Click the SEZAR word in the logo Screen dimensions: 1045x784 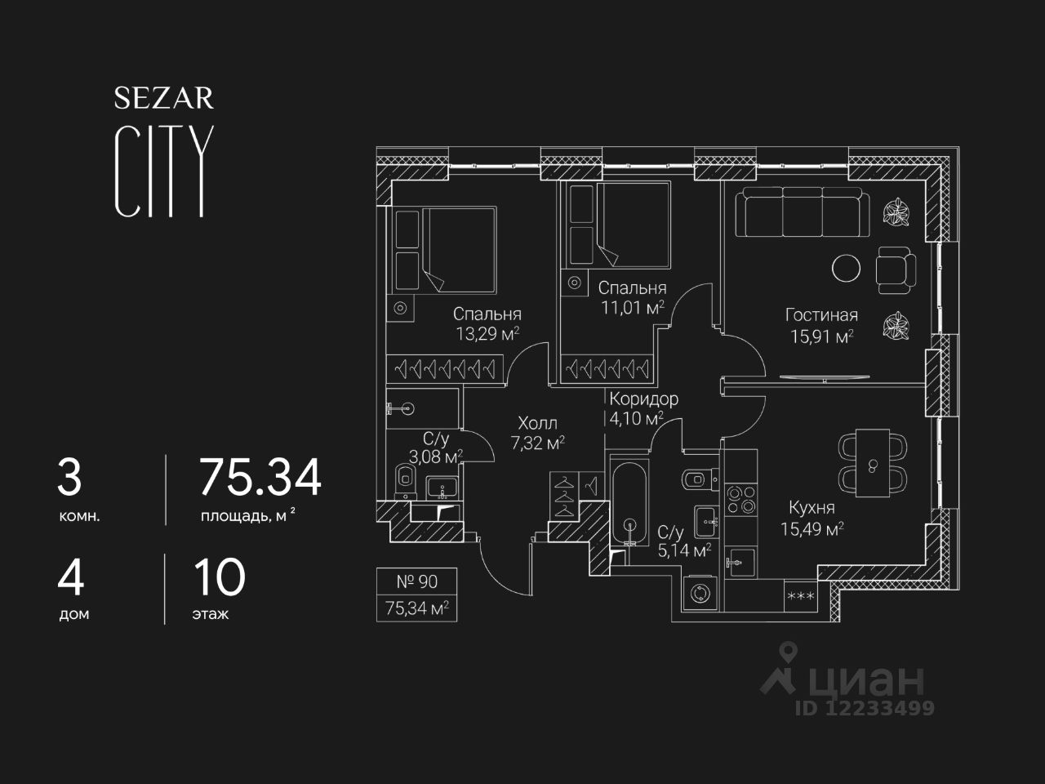point(163,99)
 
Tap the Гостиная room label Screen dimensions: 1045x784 point(820,315)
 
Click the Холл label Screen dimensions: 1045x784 point(537,423)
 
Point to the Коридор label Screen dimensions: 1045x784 point(643,399)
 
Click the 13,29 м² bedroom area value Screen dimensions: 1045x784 point(488,333)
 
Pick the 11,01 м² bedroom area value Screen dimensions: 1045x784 point(631,308)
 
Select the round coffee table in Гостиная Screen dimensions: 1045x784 point(846,267)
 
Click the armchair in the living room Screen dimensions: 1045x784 point(896,269)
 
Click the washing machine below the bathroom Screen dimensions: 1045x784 point(700,594)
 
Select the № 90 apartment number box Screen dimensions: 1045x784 point(416,581)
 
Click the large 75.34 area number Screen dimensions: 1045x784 point(260,479)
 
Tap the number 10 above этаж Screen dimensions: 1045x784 point(220,578)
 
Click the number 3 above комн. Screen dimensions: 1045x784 point(70,479)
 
